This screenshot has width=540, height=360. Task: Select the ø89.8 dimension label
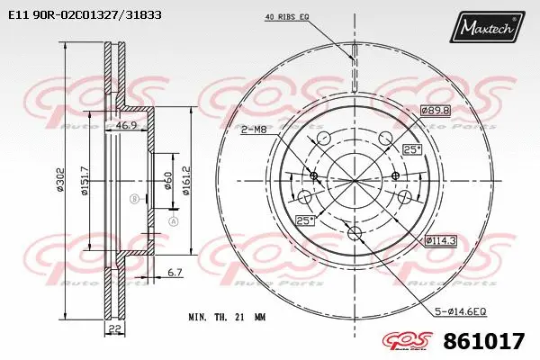click(x=434, y=111)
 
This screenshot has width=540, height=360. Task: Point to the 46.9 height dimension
click(x=127, y=126)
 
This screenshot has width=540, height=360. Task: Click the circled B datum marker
click(x=134, y=198)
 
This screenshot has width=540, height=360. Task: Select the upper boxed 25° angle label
click(x=412, y=149)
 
